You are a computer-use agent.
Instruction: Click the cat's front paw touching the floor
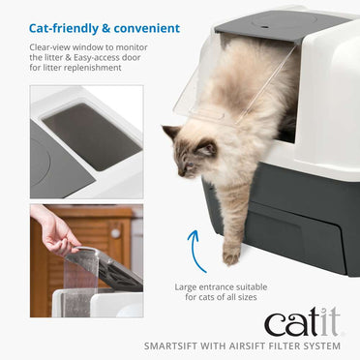(x=230, y=256)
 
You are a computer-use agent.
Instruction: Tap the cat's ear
(x=170, y=133)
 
